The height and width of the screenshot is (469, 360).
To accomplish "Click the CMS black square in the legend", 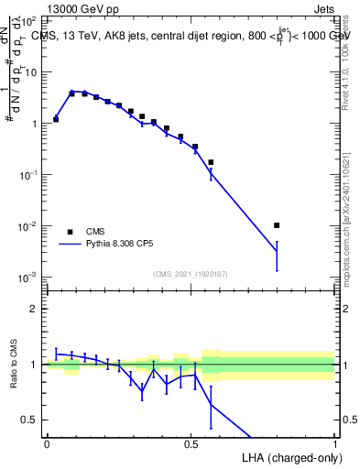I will (x=70, y=231).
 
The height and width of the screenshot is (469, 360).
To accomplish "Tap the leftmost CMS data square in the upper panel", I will (x=56, y=119).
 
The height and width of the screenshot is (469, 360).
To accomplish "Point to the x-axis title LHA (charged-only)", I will (x=293, y=455).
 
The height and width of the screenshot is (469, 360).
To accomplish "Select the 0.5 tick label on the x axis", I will (x=191, y=443).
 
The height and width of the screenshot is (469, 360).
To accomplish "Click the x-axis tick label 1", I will (x=335, y=443).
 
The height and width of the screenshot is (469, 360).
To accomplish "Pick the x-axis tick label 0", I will (x=47, y=443).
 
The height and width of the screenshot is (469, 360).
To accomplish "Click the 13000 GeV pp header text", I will (x=79, y=10).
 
